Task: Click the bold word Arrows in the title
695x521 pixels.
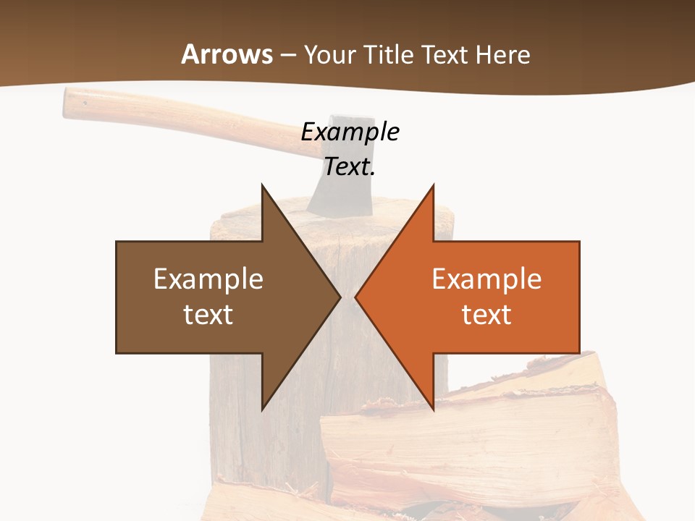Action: pos(227,54)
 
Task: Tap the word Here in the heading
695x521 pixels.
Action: pos(502,54)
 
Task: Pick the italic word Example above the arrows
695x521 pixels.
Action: pos(350,132)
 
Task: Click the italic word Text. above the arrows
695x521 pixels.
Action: pos(350,166)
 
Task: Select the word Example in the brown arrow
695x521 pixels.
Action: pos(208,279)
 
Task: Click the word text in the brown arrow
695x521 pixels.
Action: pos(208,314)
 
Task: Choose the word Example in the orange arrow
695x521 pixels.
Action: pos(486,279)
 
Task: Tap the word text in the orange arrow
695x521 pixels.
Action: pos(486,314)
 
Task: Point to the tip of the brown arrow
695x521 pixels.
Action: pos(340,297)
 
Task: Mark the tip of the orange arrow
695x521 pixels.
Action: pos(355,297)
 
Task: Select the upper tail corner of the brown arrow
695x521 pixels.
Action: pos(117,242)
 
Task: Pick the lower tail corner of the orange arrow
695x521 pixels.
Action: pos(579,353)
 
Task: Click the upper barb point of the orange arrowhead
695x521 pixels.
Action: pos(434,185)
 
